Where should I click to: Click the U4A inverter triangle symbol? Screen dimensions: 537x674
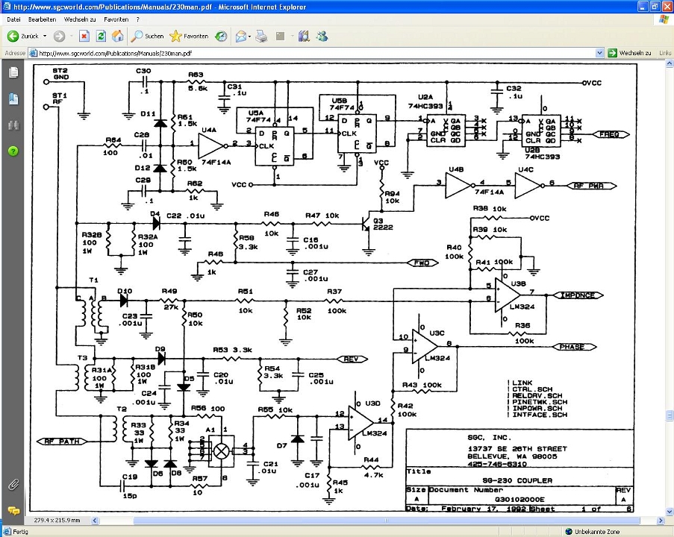(x=212, y=145)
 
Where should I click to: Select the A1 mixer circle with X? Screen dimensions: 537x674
(x=221, y=451)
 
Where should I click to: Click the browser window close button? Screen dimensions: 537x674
(x=664, y=6)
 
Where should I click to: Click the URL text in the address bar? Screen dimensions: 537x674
(x=115, y=54)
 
